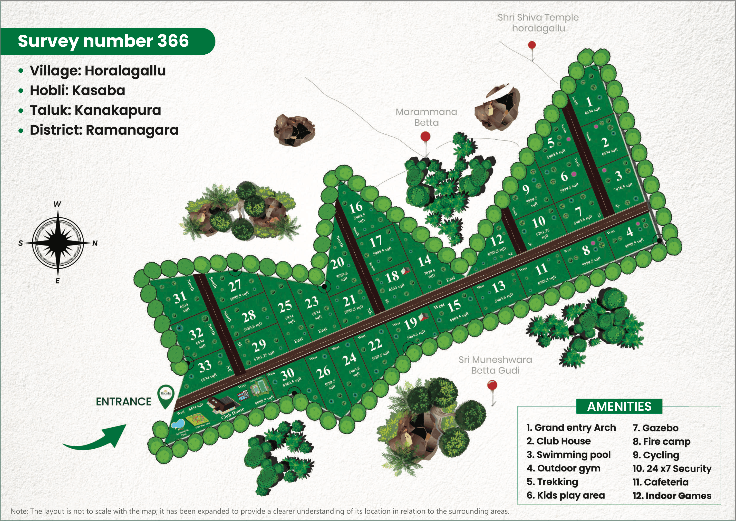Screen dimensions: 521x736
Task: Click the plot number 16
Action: tap(356, 208)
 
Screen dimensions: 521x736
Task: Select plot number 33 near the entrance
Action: tap(205, 366)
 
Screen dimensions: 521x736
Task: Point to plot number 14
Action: tap(424, 260)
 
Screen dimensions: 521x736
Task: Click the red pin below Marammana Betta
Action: tap(425, 137)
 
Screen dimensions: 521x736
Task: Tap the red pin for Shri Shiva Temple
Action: tap(532, 45)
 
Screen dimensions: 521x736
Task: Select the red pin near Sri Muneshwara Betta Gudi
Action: tap(492, 385)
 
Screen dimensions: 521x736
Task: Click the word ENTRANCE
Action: tap(123, 402)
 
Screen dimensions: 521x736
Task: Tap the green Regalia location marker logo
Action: tap(166, 395)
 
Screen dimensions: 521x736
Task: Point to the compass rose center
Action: tap(58, 243)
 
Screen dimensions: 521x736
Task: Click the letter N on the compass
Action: tap(95, 244)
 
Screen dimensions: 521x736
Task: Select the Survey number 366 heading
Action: tap(103, 41)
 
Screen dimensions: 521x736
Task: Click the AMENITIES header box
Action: tap(619, 407)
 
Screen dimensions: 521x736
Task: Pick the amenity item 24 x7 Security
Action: tap(672, 468)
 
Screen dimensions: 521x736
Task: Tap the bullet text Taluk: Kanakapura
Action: tap(95, 110)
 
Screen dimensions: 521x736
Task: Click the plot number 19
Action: tap(410, 324)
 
